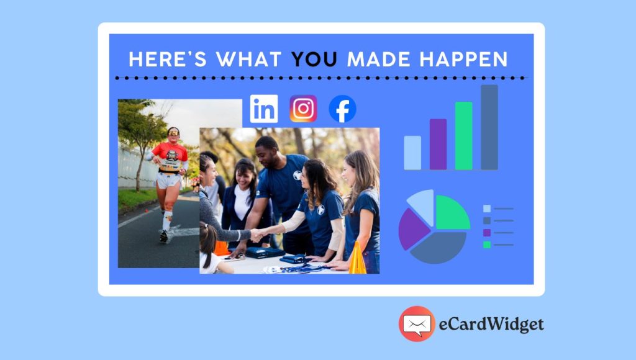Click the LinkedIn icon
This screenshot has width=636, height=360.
click(264, 109)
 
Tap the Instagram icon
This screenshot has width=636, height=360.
click(303, 109)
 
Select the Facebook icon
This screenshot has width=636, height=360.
click(342, 109)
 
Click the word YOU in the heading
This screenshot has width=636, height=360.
click(314, 60)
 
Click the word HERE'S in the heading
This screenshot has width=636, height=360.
click(167, 60)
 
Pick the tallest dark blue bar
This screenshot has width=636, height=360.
click(489, 127)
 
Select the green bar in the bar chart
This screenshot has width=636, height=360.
click(463, 136)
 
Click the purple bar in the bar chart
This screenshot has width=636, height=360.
click(438, 144)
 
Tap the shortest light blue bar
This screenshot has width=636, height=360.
click(412, 153)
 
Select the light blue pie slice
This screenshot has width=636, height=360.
click(422, 203)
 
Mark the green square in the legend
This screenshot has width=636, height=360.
click(487, 245)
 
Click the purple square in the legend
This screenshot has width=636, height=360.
click(487, 233)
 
